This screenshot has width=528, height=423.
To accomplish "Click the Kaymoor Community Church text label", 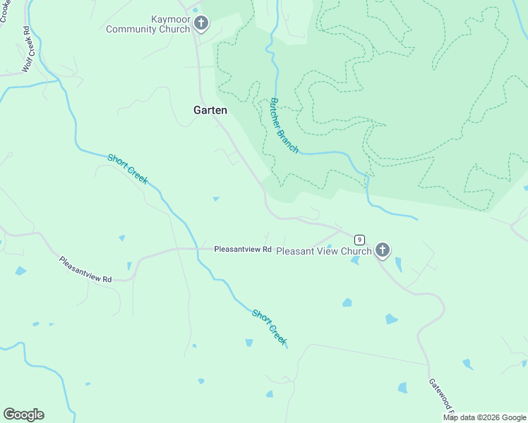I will [148, 24].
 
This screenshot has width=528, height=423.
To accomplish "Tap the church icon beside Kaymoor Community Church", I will [201, 24].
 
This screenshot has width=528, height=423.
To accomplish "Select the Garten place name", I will [210, 110].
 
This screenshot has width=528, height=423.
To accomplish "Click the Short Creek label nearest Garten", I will [128, 168].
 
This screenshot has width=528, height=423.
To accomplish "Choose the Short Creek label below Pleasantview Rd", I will [270, 326].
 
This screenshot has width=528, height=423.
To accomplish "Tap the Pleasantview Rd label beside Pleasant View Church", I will [243, 250].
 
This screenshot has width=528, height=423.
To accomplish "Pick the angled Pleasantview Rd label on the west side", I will [85, 269].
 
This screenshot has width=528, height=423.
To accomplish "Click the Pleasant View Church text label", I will [323, 251].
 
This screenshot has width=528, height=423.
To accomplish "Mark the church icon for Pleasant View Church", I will [383, 250].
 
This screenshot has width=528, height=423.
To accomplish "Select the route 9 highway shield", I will [359, 240].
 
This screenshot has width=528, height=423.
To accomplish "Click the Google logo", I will [23, 415].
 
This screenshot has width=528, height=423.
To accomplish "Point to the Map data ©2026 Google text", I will [484, 417].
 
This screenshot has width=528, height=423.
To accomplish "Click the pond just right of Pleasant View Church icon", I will [398, 264].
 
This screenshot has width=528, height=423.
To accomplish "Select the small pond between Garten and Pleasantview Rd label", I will [216, 199].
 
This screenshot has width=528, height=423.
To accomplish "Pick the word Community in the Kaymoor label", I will [148, 29].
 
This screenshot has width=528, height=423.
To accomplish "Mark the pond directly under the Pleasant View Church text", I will [354, 261].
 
